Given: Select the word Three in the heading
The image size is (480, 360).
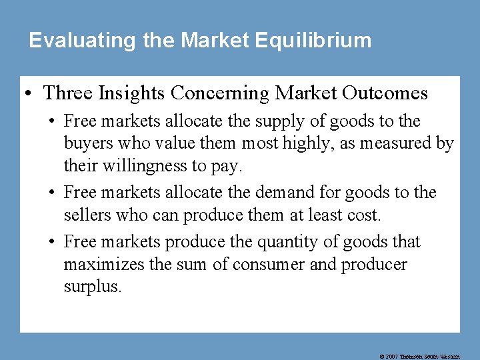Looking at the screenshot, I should [x=68, y=93].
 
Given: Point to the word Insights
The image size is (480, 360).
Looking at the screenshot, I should [x=135, y=93].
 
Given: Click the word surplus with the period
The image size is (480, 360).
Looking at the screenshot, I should [x=93, y=287].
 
